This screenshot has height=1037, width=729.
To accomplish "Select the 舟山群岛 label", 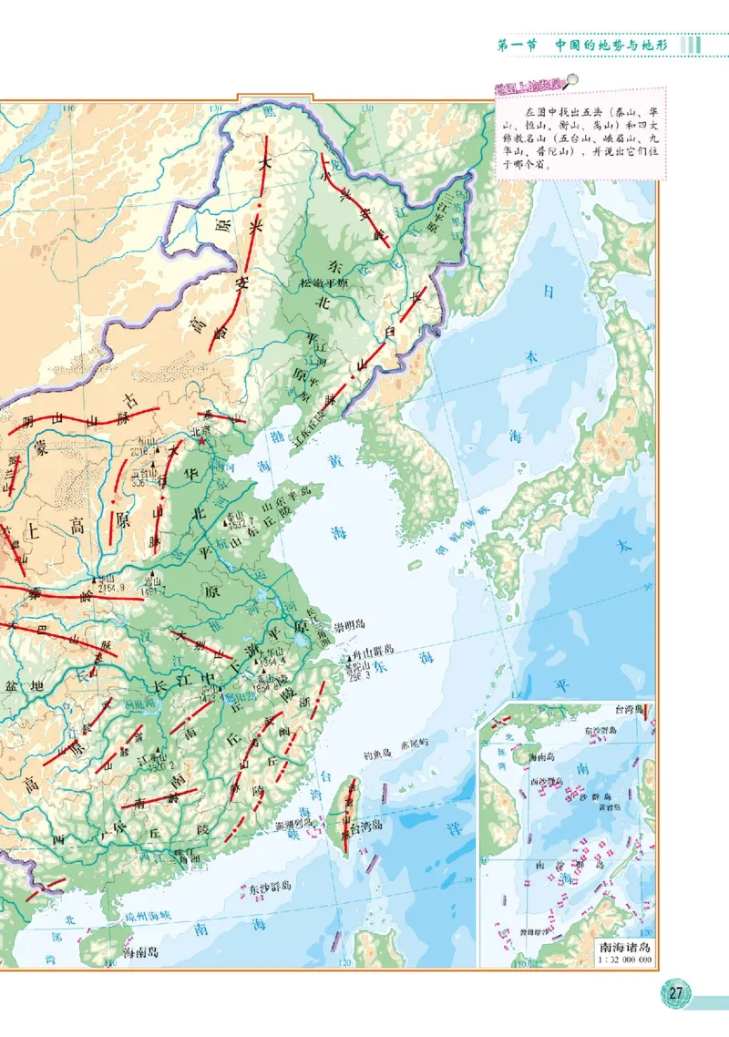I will pyautogui.click(x=375, y=650).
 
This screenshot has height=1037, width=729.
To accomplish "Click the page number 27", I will pyautogui.click(x=675, y=992).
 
